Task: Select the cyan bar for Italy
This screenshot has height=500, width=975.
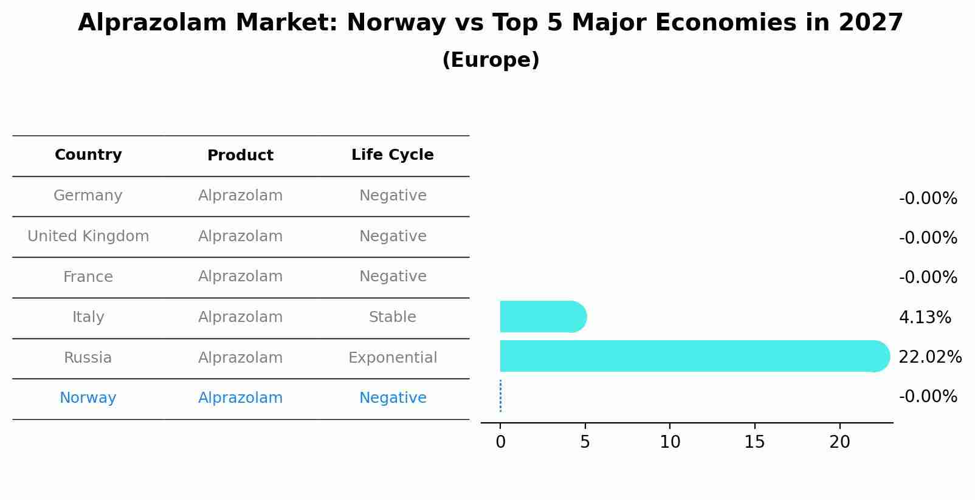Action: (x=541, y=317)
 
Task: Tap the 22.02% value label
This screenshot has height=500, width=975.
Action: (x=929, y=357)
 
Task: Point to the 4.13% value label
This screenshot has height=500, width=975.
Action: (x=924, y=317)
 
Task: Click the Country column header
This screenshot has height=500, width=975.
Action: (x=88, y=155)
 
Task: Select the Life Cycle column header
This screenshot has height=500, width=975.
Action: (x=392, y=155)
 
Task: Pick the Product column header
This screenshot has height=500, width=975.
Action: (x=240, y=156)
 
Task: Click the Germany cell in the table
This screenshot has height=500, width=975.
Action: (x=88, y=196)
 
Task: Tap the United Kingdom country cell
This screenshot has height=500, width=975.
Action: (x=88, y=236)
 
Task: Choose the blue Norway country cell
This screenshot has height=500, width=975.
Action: (x=88, y=398)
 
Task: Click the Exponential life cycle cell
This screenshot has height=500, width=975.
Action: (x=392, y=358)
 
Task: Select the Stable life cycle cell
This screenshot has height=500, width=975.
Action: (x=392, y=317)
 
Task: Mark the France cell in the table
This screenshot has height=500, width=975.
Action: (x=88, y=277)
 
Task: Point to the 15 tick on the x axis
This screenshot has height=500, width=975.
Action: (x=754, y=442)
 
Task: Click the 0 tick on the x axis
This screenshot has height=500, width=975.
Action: (x=500, y=442)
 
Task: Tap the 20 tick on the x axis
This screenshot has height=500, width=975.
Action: (x=839, y=442)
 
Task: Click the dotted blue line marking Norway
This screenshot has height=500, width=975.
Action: (x=500, y=396)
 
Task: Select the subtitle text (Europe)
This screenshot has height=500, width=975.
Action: (x=491, y=60)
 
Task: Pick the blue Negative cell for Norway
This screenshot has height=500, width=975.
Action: (x=392, y=398)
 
